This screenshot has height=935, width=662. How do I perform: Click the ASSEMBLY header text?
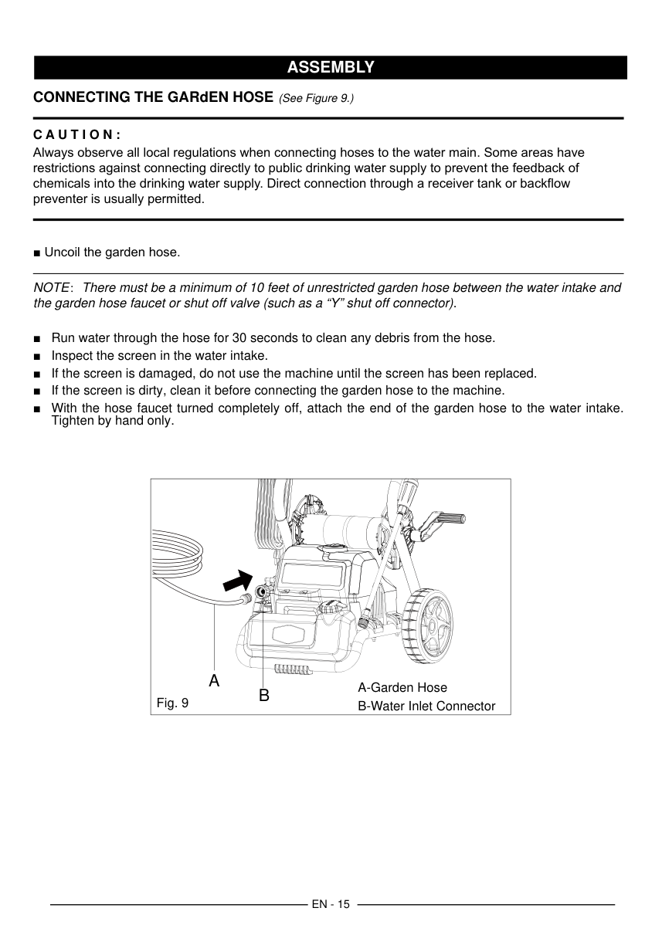[331, 68]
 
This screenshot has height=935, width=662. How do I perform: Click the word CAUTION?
[76, 134]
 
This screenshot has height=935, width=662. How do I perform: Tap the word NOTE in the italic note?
[51, 288]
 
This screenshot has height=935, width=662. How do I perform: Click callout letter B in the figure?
[263, 696]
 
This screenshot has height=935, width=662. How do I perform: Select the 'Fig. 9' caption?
[172, 703]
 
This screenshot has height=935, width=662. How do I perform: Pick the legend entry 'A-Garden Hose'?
[402, 687]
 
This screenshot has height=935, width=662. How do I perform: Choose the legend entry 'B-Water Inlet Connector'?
[426, 706]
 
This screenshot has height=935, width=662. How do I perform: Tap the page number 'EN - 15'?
[331, 904]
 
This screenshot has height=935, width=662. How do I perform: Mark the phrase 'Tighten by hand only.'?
[113, 422]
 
